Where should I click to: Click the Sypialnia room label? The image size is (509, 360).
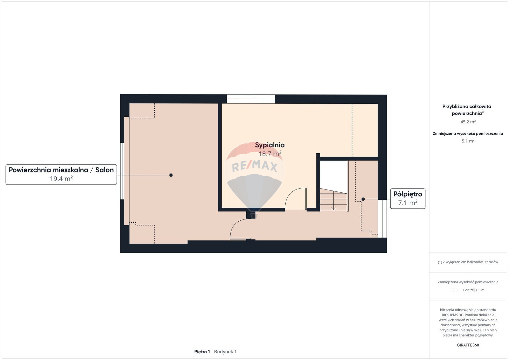pos(270,145)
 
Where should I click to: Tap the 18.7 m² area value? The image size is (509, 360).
pos(270,154)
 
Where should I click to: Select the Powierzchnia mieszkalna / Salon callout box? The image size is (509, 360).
pos(61,175)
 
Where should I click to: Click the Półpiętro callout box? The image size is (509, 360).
pos(408,198)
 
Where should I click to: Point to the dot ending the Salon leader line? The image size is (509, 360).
pos(171,175)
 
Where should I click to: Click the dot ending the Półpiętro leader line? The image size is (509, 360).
pos(363,199)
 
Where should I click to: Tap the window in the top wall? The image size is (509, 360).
pos(251,99)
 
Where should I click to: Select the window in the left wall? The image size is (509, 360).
pos(122,171)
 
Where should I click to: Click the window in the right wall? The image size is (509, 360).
pos(382,218)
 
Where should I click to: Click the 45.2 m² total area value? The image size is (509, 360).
pos(468,122)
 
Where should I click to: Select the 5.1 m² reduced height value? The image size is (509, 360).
pos(468,141)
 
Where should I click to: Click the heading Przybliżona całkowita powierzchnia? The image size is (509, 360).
pos(467,110)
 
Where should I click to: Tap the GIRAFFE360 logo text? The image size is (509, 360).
pos(468,345)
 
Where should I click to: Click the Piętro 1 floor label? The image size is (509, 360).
pos(202,352)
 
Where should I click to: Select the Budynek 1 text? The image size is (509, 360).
pos(225,352)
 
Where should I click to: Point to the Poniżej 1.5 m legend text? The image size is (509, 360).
pos(474,290)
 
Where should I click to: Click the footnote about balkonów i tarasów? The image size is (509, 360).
pos(468,262)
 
